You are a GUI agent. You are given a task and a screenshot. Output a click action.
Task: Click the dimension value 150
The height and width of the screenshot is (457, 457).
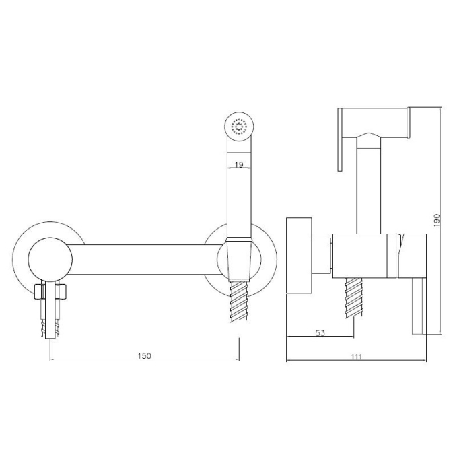coord(145,356)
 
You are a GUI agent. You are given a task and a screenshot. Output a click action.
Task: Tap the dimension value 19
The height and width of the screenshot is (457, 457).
coord(239,165)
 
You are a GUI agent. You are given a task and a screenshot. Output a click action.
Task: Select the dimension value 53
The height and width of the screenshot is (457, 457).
coord(320,332)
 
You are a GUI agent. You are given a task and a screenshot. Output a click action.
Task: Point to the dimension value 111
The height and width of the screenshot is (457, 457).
coord(357,357)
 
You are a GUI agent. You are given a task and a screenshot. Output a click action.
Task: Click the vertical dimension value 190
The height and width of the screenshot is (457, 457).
coord(436,220)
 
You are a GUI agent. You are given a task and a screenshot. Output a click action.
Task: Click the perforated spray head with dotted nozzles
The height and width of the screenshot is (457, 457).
coord(239,127)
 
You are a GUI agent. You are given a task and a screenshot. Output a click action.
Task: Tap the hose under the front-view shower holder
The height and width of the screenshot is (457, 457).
coord(239,301)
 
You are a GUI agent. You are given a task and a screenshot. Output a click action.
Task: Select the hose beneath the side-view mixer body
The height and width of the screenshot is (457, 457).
coord(354,298)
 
